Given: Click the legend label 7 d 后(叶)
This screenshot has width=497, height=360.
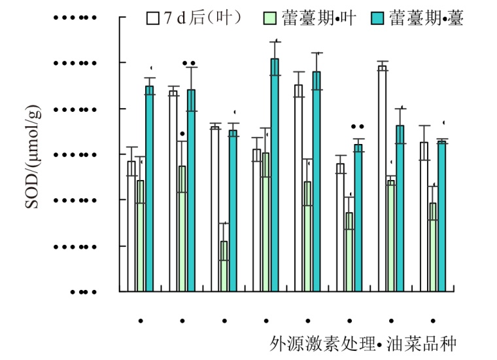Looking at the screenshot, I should pos(203,18).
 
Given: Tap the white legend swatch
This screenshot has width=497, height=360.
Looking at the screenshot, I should pos(153,18).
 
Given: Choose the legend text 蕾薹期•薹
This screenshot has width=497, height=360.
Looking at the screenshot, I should pos(426,18).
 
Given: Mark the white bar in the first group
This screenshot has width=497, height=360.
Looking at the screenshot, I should pos(131,226).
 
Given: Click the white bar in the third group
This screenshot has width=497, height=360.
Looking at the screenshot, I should pos(215,209).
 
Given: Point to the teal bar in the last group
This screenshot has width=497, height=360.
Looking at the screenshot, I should pos(441,216).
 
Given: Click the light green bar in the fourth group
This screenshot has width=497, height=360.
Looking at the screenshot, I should pos(266,222).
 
